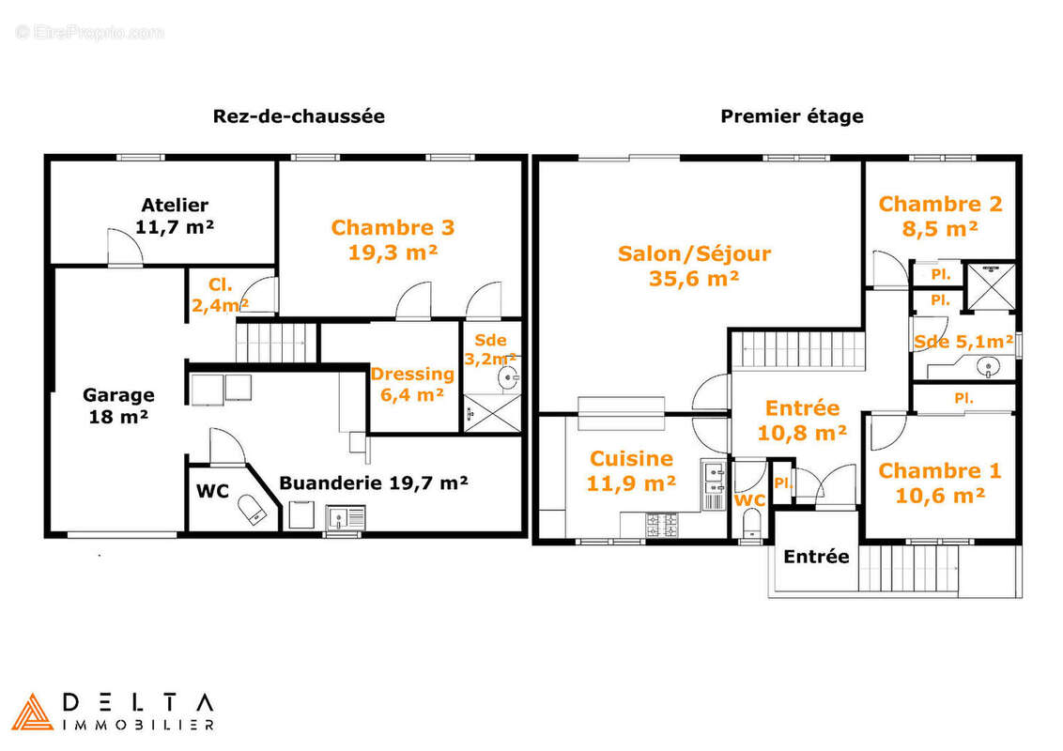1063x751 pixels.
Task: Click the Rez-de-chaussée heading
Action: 299,115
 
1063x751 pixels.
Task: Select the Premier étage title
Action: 792,116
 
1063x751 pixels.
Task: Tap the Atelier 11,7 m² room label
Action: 175,216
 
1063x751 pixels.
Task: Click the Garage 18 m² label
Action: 118,406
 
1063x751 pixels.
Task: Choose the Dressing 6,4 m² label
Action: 412,384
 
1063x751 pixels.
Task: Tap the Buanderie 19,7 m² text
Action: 374,483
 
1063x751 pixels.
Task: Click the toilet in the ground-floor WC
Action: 250,509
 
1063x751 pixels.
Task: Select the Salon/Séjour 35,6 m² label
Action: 694,266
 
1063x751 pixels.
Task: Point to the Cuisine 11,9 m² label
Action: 631,470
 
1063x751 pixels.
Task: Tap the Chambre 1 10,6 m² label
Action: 940,483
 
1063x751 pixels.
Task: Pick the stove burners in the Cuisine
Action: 661,525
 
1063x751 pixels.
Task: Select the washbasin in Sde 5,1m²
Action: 989,368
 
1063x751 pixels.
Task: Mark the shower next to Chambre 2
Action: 991,286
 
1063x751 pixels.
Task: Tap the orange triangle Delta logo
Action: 32,712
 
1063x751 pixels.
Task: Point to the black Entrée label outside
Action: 816,557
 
